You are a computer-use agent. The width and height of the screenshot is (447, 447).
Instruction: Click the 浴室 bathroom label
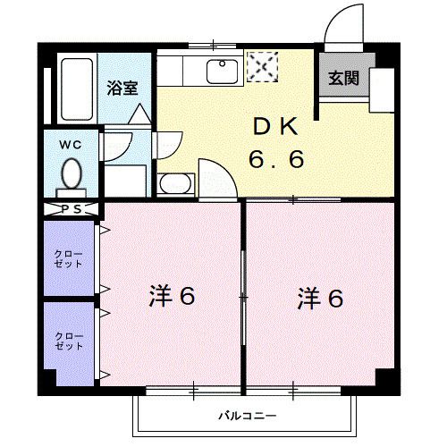(122, 88)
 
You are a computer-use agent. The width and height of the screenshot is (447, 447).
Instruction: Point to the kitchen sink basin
(219, 70)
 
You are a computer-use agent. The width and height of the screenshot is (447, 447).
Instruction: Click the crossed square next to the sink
(262, 67)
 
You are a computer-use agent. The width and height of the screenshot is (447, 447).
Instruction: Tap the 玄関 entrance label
(342, 78)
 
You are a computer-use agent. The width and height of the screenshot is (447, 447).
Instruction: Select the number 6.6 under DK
(276, 160)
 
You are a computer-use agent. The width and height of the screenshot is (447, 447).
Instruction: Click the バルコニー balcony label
(247, 416)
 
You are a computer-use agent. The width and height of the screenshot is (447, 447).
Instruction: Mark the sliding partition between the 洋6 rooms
(243, 295)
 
